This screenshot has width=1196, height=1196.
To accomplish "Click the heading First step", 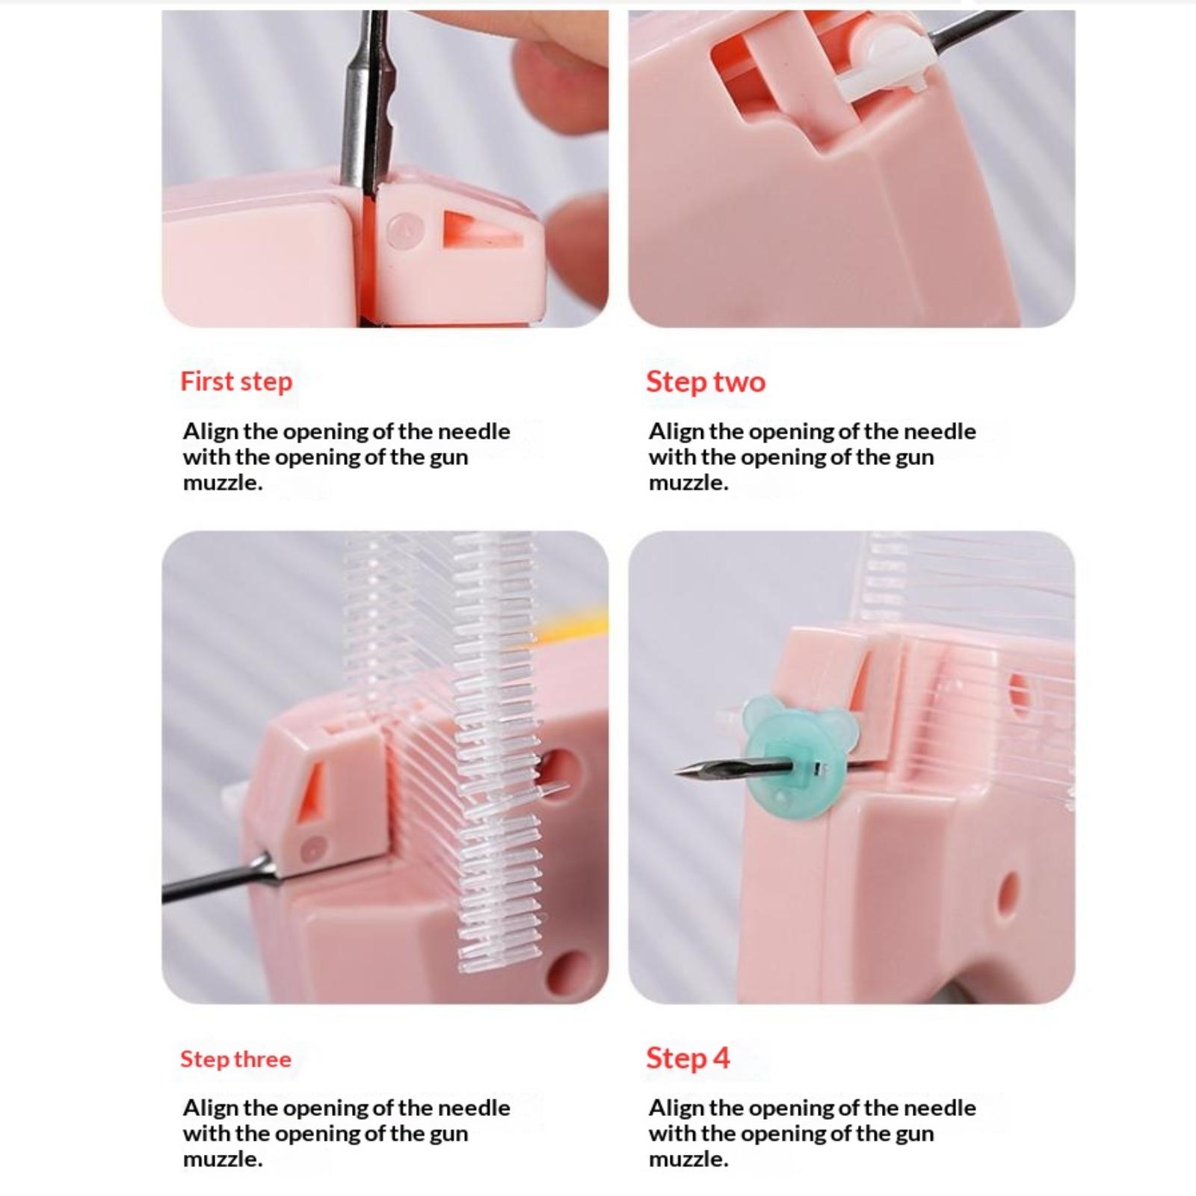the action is (x=236, y=381).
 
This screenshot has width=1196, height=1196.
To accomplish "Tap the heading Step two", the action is (x=706, y=381).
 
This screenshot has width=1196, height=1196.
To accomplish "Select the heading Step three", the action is (x=235, y=1059).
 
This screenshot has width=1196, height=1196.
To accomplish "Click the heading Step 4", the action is (x=688, y=1058).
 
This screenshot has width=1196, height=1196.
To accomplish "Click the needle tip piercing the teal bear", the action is (x=676, y=773).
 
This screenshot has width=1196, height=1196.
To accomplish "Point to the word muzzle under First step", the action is (x=223, y=483).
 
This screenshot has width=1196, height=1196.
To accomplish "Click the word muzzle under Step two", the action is (x=688, y=483).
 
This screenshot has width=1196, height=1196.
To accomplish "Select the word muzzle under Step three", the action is (x=223, y=1159).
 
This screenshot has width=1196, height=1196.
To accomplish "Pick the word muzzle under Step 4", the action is (x=688, y=1159).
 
